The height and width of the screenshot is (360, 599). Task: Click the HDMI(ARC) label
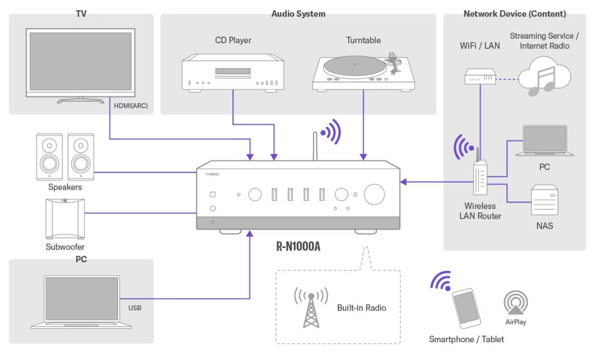tap(131, 105)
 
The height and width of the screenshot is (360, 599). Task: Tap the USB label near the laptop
tap(135, 308)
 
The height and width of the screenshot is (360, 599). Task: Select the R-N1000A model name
tap(298, 246)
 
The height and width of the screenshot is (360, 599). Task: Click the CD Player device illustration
tap(233, 73)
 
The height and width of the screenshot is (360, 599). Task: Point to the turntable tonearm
tap(393, 63)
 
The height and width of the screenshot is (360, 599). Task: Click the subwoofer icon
tap(65, 219)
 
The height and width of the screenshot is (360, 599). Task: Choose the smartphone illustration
tap(466, 308)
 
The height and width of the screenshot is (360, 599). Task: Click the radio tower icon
tap(311, 307)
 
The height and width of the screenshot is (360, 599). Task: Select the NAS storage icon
tap(545, 200)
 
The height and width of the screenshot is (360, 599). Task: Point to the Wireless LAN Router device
tap(480, 175)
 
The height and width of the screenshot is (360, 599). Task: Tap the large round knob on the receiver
tap(374, 194)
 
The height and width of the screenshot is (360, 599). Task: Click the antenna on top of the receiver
tap(315, 146)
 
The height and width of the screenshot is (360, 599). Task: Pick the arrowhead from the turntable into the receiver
tap(363, 156)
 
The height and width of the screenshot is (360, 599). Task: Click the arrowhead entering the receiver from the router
tap(403, 182)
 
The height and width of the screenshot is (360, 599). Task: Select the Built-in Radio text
tap(362, 308)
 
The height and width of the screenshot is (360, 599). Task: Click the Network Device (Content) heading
tap(515, 14)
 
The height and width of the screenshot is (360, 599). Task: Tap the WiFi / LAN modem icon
tap(480, 77)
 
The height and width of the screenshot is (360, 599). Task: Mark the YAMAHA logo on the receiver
tap(212, 174)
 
